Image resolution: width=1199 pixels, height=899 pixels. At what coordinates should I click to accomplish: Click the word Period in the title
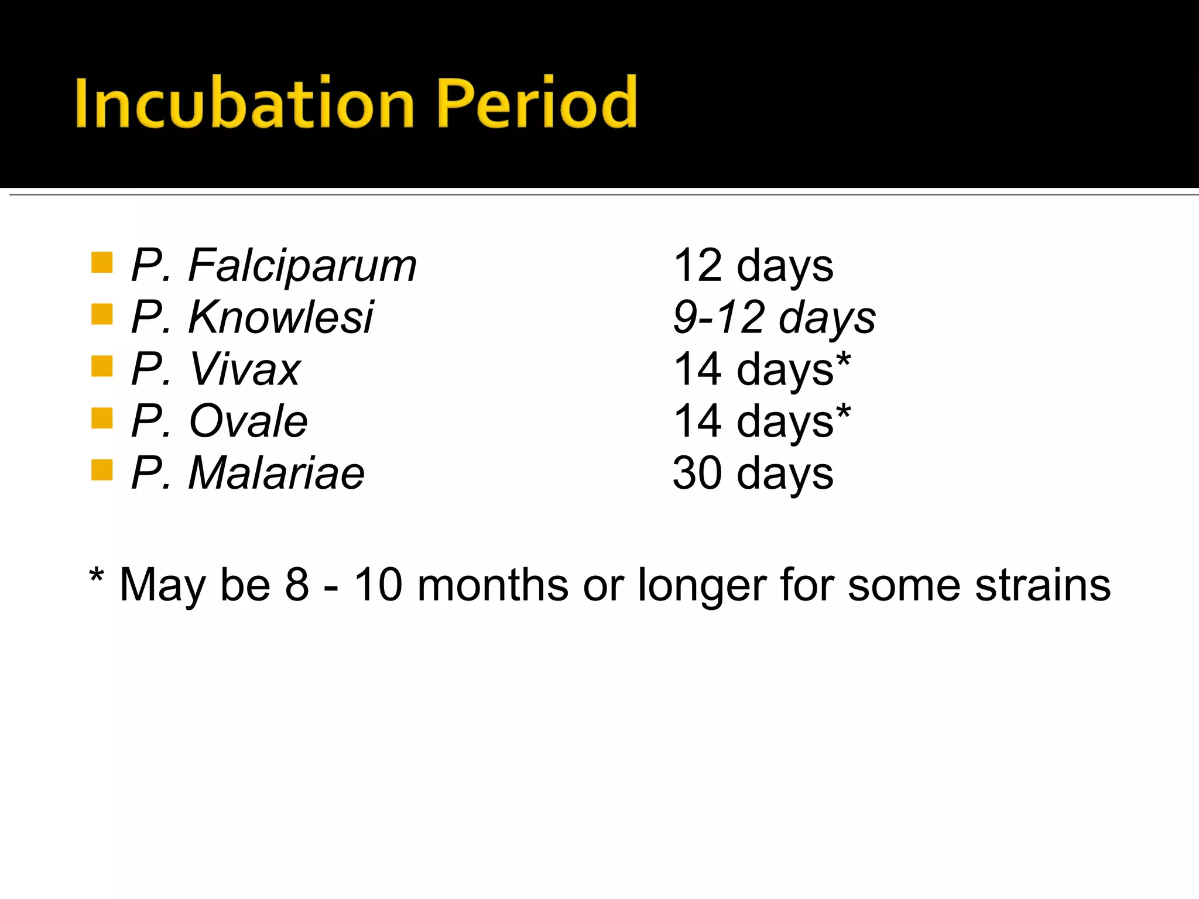536,103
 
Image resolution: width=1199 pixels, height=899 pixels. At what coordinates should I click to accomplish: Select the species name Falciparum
302,266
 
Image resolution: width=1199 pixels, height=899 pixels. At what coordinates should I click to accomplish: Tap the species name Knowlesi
280,318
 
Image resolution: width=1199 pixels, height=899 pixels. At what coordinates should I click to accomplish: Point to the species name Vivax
245,369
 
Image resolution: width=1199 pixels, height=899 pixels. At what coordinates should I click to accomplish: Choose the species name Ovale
248,421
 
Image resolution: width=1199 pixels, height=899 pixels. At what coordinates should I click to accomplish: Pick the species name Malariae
276,473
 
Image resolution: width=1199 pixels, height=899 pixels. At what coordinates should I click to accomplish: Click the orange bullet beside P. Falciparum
102,263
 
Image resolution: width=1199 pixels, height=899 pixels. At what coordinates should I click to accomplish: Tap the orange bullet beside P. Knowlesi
102,314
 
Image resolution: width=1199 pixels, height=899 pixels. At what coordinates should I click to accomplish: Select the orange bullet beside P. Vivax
102,366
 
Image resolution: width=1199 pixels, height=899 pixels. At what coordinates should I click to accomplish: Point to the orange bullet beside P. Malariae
102,469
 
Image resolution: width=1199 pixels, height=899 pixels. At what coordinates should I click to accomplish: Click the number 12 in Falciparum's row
698,266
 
